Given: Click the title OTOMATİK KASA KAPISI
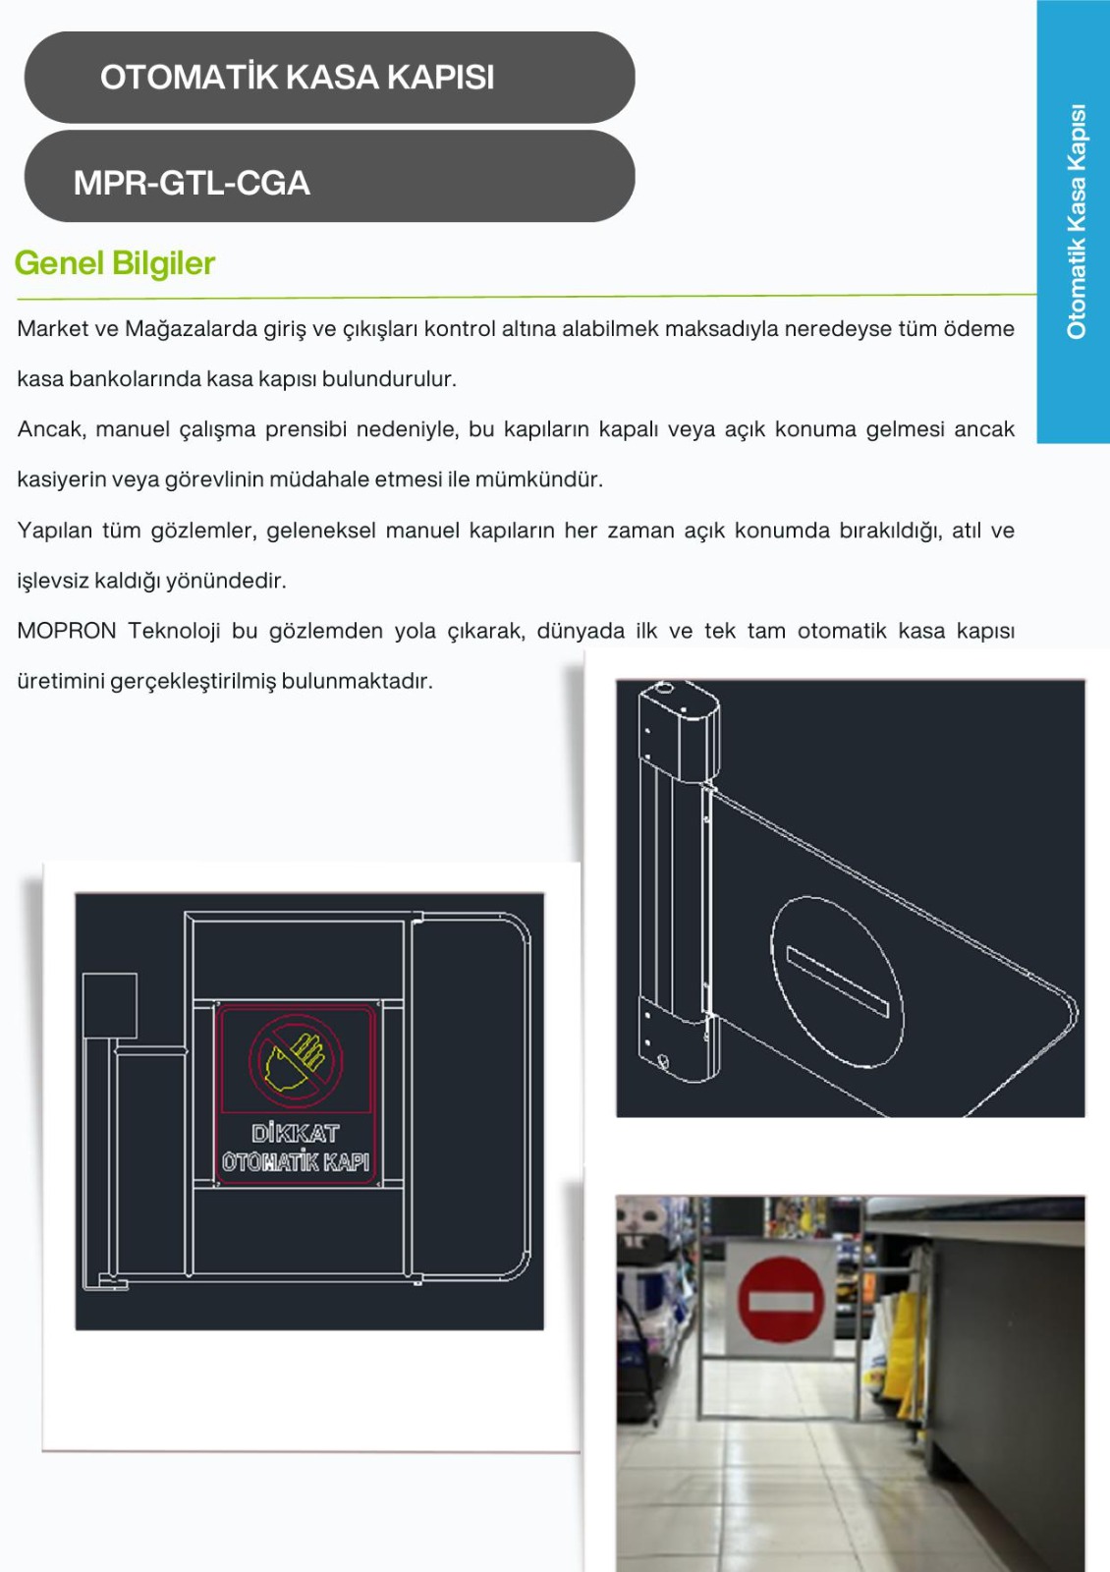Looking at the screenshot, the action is click(x=297, y=78).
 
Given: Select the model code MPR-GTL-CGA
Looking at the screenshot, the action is click(x=192, y=183).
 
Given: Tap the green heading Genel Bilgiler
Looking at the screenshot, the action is click(x=114, y=264).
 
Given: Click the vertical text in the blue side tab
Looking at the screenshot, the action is click(x=1077, y=222).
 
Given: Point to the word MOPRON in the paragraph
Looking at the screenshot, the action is click(x=67, y=631).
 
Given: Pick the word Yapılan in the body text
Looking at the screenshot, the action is click(x=55, y=531).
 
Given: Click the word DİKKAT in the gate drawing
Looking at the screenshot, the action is click(x=296, y=1134).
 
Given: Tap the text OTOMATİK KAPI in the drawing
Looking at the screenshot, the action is click(x=296, y=1162).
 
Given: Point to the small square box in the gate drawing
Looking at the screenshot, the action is click(x=109, y=1005).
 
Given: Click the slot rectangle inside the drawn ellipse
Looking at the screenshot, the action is click(x=838, y=982).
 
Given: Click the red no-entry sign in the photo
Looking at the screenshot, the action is click(x=781, y=1299).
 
